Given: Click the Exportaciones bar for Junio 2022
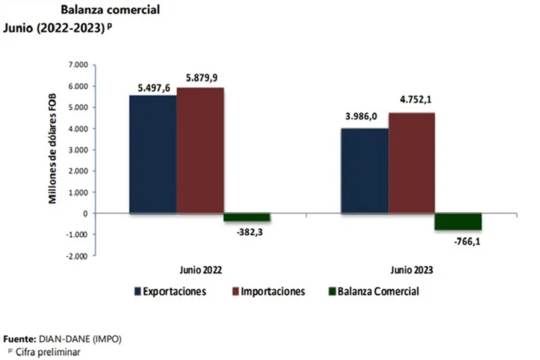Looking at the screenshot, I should coord(153,154).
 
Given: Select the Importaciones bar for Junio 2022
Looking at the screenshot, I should coord(200,150).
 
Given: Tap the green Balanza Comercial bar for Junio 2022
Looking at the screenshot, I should coord(246,217).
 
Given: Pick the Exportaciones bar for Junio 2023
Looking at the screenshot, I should coord(364,170).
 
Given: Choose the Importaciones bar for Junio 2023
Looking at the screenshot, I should coord(411,163).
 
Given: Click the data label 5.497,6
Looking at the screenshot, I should coord(154,86).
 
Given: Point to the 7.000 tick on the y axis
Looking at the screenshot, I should coord(78,65).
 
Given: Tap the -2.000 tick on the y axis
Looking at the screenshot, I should coord(78,256).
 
